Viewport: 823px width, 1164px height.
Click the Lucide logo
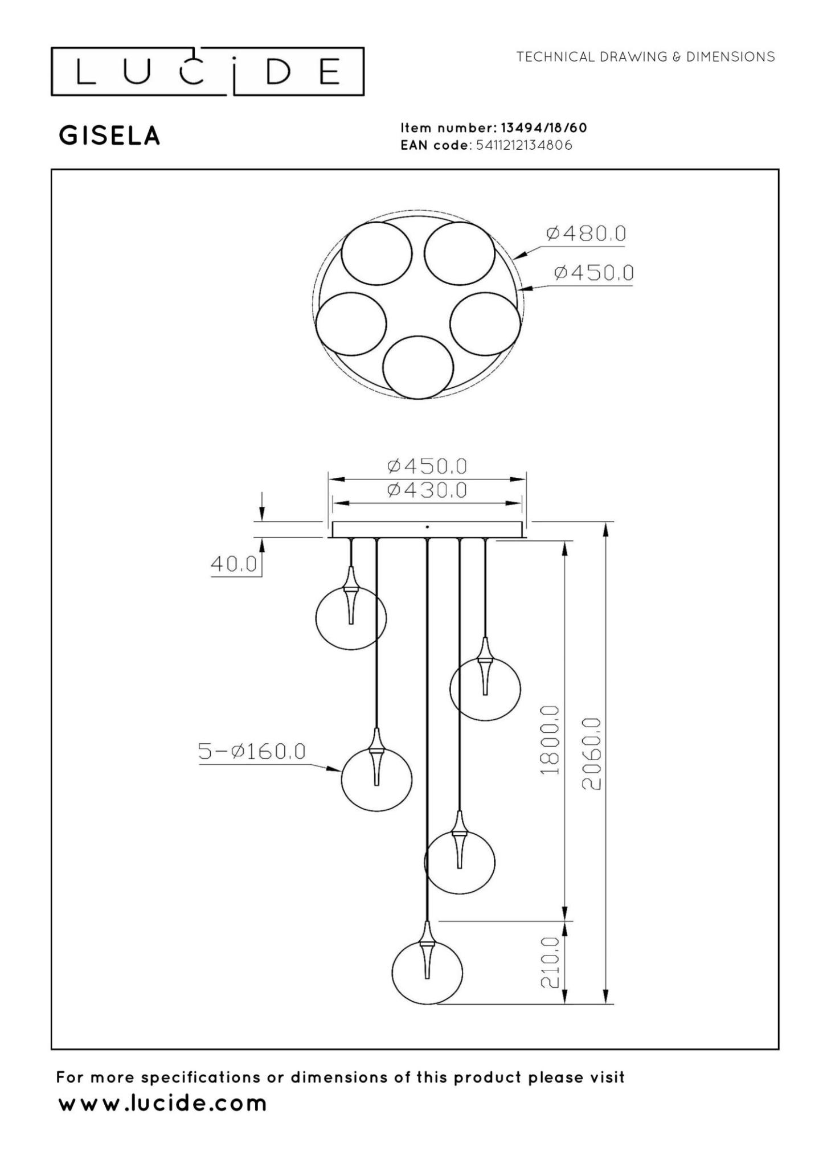tap(207, 71)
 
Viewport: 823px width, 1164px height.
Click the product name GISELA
tap(109, 136)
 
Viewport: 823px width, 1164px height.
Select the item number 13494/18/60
tap(543, 128)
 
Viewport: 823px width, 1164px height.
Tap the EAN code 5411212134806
tap(523, 145)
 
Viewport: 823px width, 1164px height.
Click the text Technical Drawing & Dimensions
tap(645, 57)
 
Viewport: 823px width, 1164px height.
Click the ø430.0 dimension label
tap(427, 490)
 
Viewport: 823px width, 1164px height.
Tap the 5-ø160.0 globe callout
tap(251, 752)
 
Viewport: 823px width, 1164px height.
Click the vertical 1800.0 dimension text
tap(550, 740)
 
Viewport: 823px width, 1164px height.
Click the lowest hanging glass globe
tap(427, 973)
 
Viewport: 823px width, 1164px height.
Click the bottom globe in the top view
tap(417, 367)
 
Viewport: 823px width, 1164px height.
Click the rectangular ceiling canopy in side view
tap(427, 530)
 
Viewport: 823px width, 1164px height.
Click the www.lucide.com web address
tap(162, 1103)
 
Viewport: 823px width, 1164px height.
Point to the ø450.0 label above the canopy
tap(427, 466)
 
